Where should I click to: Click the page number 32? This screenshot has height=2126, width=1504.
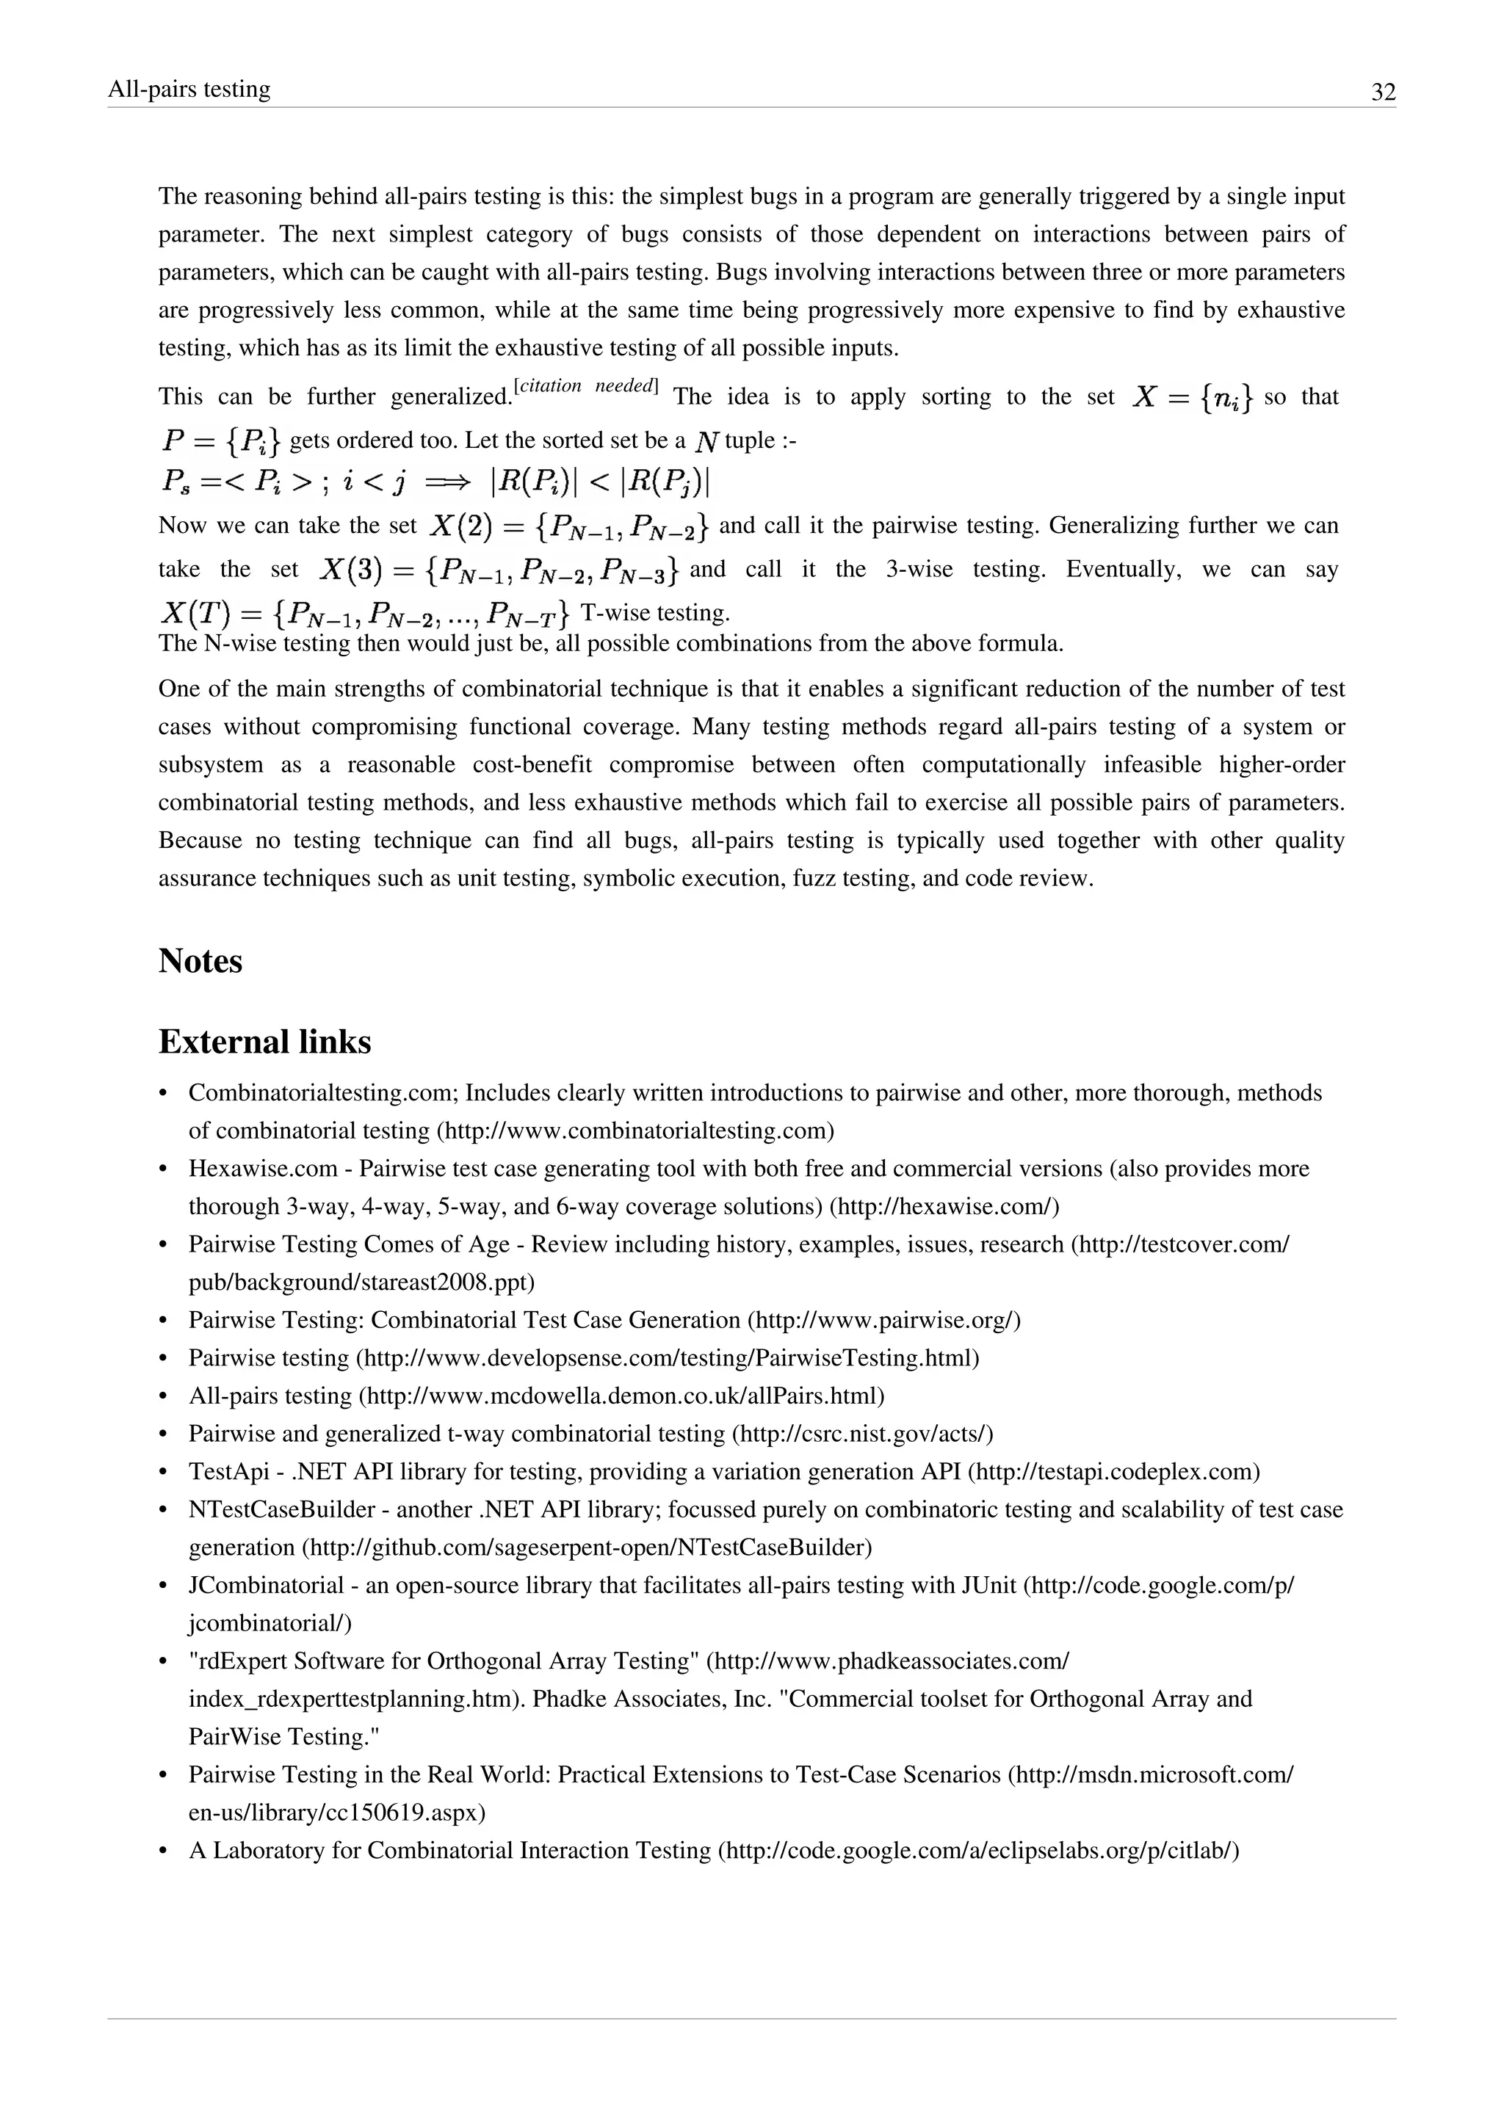coord(1383,92)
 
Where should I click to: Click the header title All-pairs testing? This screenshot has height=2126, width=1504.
coord(189,89)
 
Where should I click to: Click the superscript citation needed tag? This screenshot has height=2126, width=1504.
coord(585,386)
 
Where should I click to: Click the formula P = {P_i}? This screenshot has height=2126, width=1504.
coord(220,440)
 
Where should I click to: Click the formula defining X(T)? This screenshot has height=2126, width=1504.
coord(364,613)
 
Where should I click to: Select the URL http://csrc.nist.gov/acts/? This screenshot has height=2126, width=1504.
coord(862,1434)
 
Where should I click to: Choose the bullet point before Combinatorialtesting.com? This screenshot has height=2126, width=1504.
coord(164,1094)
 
